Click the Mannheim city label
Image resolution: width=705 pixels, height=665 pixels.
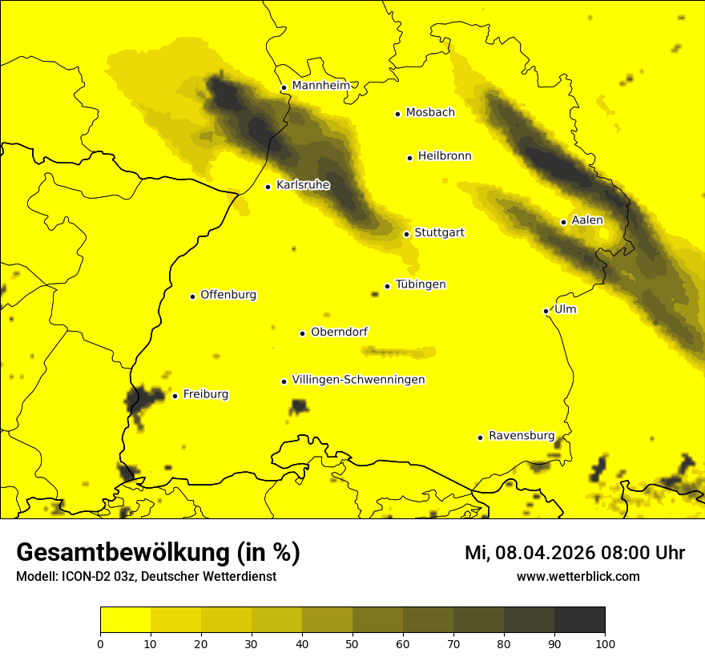320,86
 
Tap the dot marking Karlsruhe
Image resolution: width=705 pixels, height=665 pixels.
268,187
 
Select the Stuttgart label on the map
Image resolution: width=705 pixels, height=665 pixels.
439,233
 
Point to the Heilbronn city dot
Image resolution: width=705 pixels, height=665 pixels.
409,158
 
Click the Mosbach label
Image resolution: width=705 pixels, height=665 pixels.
430,113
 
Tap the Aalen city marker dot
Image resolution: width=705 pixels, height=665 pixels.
563,222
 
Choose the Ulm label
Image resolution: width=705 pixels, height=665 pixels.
565,310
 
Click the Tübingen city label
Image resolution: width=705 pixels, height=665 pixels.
421,284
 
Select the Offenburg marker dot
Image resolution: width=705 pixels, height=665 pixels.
192,296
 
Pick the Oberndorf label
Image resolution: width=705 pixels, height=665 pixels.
340,332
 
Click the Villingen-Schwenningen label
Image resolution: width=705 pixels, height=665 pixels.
359,380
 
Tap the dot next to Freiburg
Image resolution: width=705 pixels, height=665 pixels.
175,396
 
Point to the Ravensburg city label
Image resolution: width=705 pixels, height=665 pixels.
522,436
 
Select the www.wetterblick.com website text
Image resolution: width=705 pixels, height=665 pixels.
578,576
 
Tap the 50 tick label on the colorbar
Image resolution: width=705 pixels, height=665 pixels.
352,643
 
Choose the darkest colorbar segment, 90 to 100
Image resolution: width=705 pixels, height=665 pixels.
579,620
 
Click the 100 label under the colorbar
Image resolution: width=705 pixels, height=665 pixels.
605,643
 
